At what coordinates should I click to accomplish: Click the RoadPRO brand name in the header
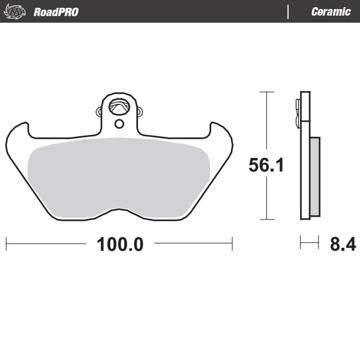pos(56,12)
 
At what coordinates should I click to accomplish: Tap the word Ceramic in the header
pos(331,12)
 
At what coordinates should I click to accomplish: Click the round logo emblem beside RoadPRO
pos(17,11)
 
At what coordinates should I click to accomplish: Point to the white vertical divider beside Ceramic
pos(289,12)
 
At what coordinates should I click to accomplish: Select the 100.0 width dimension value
pos(119,244)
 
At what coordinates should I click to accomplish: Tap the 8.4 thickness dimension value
pos(343,244)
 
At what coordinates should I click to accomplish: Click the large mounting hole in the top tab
pos(120,107)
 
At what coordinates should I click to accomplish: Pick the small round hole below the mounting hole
pos(119,124)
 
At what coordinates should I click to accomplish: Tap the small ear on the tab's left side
pos(99,112)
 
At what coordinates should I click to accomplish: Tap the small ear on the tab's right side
pos(140,112)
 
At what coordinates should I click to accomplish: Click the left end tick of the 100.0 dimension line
pos(6,244)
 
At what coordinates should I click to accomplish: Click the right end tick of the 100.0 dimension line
pos(232,244)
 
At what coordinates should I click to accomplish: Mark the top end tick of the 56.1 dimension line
pos(266,92)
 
